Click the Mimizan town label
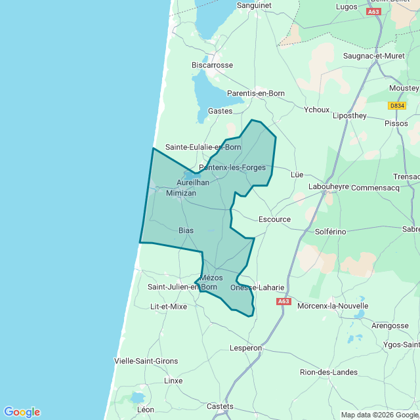[181, 194]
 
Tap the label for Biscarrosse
[212, 65]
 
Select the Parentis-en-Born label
[256, 93]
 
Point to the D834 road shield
[397, 106]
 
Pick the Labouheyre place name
[329, 186]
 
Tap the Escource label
[274, 219]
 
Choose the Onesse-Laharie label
[258, 287]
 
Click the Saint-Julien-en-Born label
[182, 287]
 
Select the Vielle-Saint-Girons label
[146, 361]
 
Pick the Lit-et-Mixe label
[169, 306]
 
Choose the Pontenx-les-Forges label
[232, 167]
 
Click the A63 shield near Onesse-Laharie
[283, 301]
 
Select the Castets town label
[220, 406]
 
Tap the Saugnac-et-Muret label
[374, 56]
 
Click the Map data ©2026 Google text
[379, 414]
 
